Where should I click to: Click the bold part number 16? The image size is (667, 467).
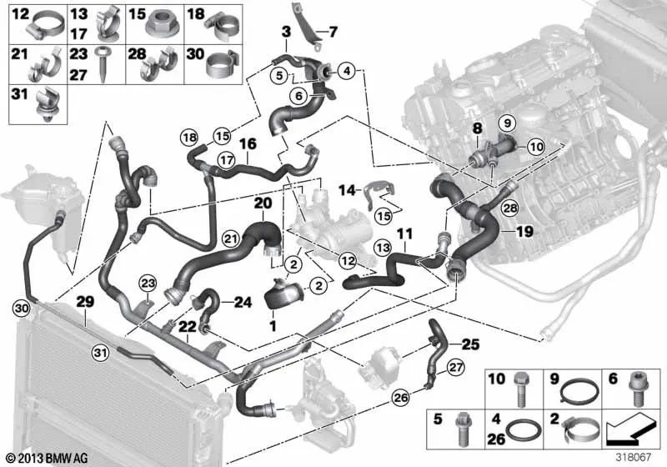pyautogui.click(x=248, y=143)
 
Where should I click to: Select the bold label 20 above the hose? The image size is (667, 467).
pyautogui.click(x=263, y=203)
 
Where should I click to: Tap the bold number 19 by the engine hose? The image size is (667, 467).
pyautogui.click(x=524, y=231)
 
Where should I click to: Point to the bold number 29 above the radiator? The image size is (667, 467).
pyautogui.click(x=85, y=302)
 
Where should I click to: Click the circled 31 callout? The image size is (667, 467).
pyautogui.click(x=100, y=353)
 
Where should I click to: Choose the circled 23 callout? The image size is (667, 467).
pyautogui.click(x=148, y=284)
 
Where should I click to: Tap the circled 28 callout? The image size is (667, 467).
pyautogui.click(x=510, y=208)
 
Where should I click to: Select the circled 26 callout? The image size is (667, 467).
pyautogui.click(x=401, y=398)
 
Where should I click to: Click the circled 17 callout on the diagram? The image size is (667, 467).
pyautogui.click(x=226, y=160)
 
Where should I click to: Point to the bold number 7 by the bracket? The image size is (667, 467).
pyautogui.click(x=333, y=32)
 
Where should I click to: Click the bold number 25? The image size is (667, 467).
pyautogui.click(x=470, y=344)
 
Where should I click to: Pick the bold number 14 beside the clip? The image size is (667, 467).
pyautogui.click(x=347, y=190)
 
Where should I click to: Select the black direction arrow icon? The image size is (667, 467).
pyautogui.click(x=629, y=431)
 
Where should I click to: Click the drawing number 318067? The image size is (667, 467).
pyautogui.click(x=634, y=458)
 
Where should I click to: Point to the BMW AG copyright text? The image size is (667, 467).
pyautogui.click(x=48, y=458)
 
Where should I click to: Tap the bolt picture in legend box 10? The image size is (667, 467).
pyautogui.click(x=519, y=389)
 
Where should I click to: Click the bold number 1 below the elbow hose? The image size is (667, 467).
pyautogui.click(x=273, y=326)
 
